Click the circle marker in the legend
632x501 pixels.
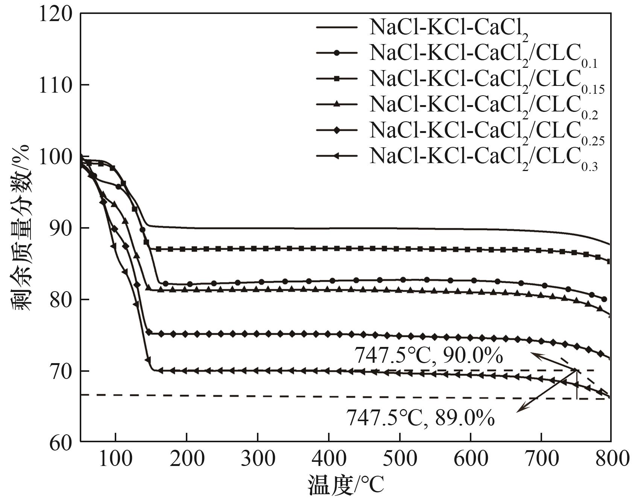pos(337,53)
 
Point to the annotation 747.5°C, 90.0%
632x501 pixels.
pos(428,355)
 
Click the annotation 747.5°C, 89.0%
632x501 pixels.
pos(420,418)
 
